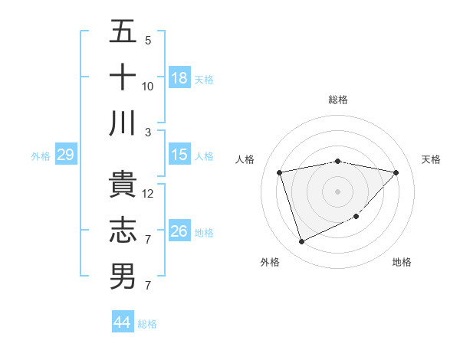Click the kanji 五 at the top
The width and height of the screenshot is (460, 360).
click(122, 32)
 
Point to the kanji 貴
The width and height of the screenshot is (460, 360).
click(122, 185)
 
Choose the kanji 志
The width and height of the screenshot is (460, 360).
click(122, 231)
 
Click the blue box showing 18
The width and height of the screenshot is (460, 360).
click(179, 78)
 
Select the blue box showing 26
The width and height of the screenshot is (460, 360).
click(179, 231)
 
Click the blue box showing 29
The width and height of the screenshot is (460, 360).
click(65, 155)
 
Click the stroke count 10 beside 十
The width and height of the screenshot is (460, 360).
click(148, 86)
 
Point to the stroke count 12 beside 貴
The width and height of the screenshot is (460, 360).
click(148, 194)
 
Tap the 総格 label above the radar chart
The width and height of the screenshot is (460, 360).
click(337, 100)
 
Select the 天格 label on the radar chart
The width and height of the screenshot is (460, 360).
click(432, 159)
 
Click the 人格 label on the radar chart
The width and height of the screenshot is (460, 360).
click(245, 159)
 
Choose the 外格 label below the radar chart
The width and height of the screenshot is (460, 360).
click(270, 262)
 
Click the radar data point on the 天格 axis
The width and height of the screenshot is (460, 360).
click(396, 172)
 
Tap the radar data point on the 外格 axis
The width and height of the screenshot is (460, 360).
click(301, 242)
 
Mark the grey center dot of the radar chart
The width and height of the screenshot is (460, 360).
click(337, 191)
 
